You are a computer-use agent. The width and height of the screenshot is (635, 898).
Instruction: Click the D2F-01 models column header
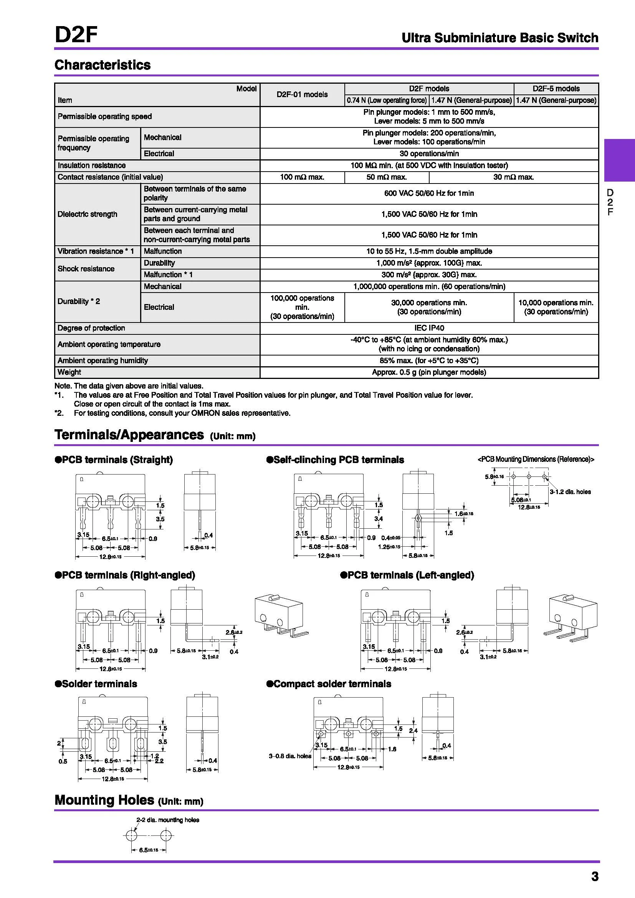[302, 95]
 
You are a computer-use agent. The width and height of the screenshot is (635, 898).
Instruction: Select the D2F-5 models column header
[556, 89]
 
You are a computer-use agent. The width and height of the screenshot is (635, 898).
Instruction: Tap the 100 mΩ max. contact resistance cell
[302, 177]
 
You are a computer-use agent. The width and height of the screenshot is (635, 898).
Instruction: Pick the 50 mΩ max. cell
[386, 177]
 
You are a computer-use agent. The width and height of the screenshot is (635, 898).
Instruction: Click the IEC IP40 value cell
[429, 328]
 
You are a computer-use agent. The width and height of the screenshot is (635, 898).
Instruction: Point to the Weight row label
[69, 372]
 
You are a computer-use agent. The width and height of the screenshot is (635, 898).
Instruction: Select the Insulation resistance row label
[91, 165]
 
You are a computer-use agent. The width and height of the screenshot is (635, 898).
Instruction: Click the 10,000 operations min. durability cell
[556, 307]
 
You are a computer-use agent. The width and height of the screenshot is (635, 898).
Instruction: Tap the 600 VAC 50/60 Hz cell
[429, 193]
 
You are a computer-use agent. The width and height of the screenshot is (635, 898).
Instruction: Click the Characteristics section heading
[103, 65]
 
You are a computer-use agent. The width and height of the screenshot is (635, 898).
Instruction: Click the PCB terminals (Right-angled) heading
[125, 575]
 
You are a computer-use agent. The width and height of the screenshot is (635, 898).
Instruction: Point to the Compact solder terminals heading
[329, 684]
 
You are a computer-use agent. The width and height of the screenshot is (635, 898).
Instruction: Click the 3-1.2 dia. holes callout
[570, 492]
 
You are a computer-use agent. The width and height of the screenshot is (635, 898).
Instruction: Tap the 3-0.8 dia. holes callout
[290, 756]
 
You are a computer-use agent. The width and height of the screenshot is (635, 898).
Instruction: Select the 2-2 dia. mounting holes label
[167, 820]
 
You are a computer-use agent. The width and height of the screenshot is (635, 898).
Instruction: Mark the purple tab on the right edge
[619, 160]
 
